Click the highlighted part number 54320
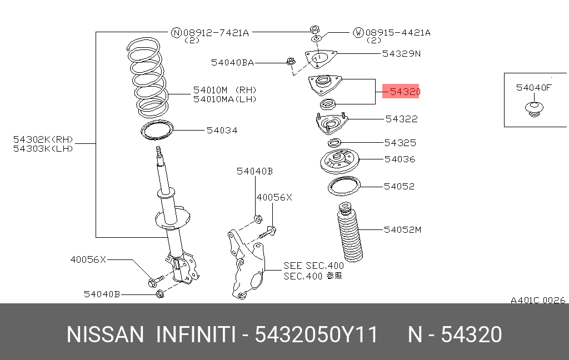(401, 92)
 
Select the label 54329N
(401, 54)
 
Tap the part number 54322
(401, 119)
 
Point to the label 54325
(400, 143)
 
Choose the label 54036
(400, 159)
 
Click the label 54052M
(402, 229)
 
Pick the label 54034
(222, 131)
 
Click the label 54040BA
(232, 63)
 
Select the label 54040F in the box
(533, 87)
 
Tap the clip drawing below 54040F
(533, 109)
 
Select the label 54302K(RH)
(43, 139)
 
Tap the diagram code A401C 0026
(537, 300)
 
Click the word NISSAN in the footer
(105, 335)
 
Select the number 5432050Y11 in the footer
(316, 335)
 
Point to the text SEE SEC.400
(313, 266)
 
